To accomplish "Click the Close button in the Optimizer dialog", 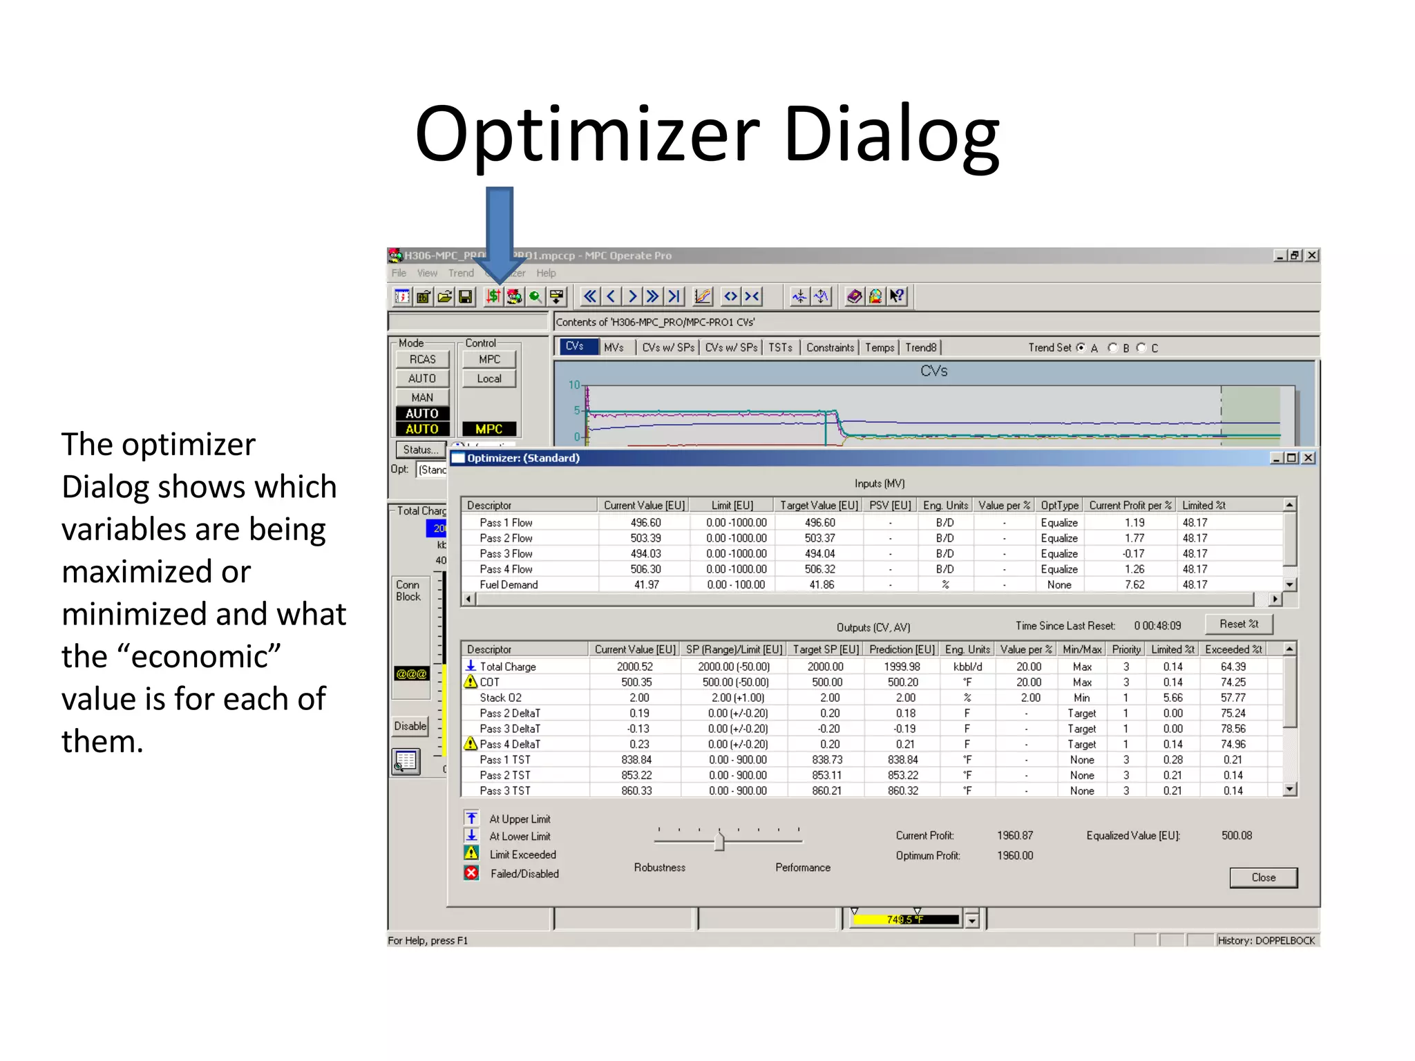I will pyautogui.click(x=1263, y=877).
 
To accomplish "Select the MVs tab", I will pyautogui.click(x=614, y=347).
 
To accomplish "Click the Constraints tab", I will pyautogui.click(x=830, y=347).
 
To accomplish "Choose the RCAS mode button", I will pyautogui.click(x=422, y=359).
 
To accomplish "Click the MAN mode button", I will pyautogui.click(x=422, y=397).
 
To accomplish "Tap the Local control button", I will pyautogui.click(x=489, y=379).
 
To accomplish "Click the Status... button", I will pyautogui.click(x=420, y=450).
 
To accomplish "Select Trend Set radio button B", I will pyautogui.click(x=1112, y=347).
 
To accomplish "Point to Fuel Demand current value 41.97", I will pyautogui.click(x=646, y=584).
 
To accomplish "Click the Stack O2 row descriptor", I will pyautogui.click(x=500, y=698).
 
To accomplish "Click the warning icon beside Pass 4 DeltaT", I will pyautogui.click(x=471, y=743).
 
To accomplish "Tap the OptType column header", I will pyautogui.click(x=1059, y=505).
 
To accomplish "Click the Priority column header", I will pyautogui.click(x=1126, y=649).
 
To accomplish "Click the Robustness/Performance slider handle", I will pyautogui.click(x=719, y=841).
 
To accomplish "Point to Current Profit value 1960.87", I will pyautogui.click(x=1015, y=836).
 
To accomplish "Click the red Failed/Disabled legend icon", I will pyautogui.click(x=471, y=873).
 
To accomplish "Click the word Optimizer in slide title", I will pyautogui.click(x=587, y=135).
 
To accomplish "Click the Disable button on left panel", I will pyautogui.click(x=410, y=726).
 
